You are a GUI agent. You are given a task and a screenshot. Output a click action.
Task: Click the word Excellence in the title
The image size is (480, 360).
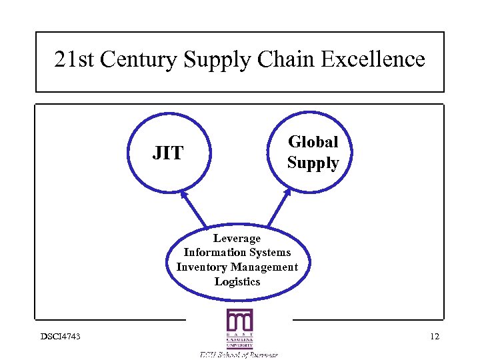tap(373, 59)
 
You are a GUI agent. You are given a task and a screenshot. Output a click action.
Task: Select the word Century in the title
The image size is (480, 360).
tap(135, 60)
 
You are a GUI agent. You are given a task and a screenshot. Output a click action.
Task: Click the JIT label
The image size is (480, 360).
tap(167, 153)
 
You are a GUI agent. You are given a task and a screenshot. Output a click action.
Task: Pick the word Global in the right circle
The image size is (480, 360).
tap(313, 141)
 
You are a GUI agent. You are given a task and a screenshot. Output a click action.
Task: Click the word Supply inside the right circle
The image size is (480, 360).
tap(313, 163)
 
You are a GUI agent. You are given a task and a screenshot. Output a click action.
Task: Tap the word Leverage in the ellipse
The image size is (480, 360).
tap(237, 238)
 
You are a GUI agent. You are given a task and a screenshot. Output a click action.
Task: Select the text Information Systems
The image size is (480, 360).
tap(237, 252)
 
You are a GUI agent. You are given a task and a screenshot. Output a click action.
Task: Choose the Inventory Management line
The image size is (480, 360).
tap(237, 267)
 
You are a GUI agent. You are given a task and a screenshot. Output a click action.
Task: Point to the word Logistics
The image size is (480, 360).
tap(237, 281)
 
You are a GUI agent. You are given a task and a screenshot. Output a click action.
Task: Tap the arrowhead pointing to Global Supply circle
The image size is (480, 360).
tap(287, 192)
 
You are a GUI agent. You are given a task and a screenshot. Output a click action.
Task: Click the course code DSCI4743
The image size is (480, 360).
tap(60, 336)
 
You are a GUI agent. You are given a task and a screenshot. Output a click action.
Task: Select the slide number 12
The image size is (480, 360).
tap(434, 336)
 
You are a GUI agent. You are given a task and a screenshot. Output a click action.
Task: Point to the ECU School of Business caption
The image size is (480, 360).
tap(239, 354)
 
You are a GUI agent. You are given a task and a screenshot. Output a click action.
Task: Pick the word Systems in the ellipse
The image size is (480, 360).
tap(270, 252)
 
